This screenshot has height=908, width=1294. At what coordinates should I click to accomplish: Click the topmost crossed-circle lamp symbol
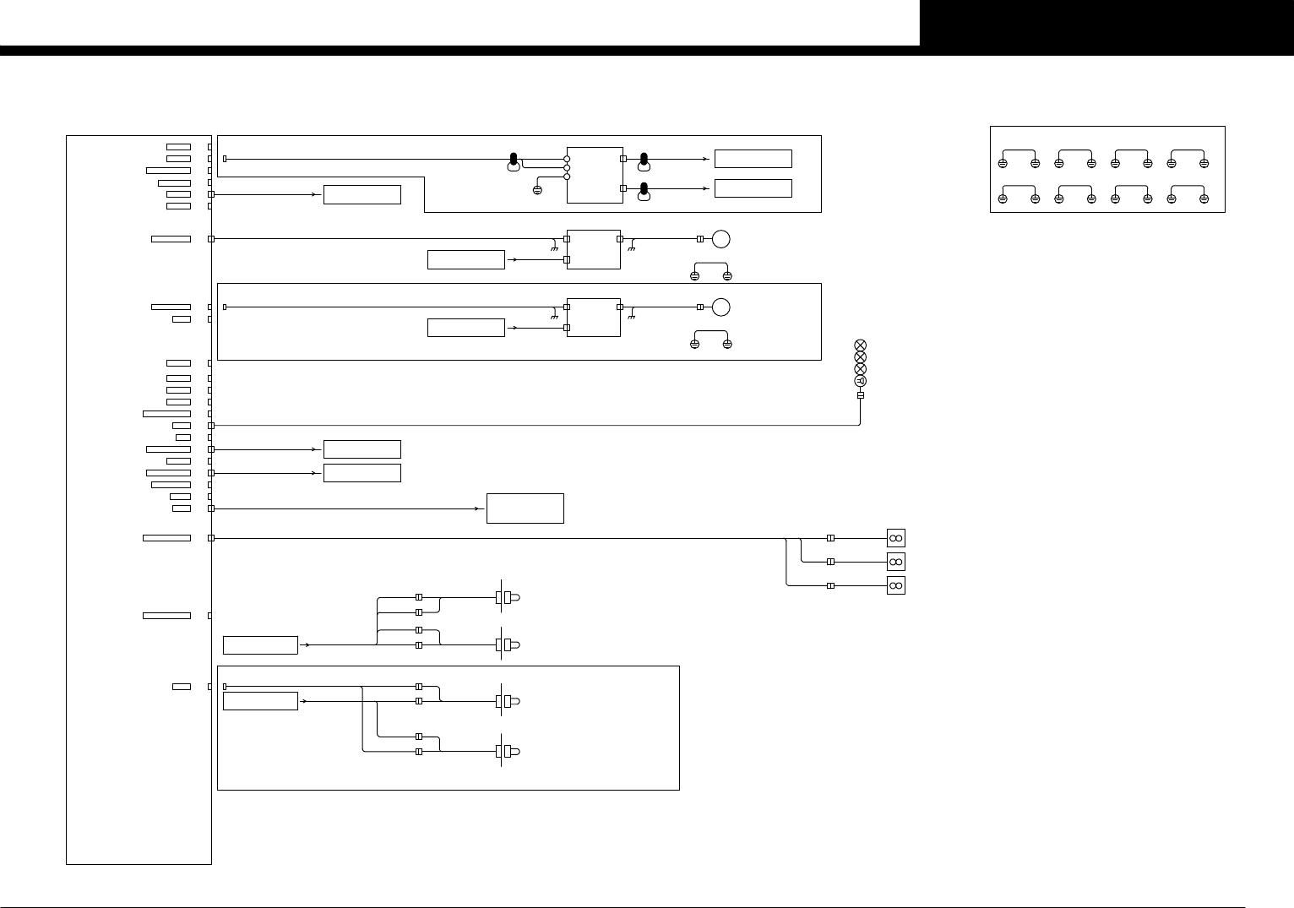[861, 345]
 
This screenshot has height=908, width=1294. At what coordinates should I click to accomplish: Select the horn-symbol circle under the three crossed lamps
[861, 381]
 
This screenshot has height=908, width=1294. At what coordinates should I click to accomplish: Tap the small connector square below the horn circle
[861, 395]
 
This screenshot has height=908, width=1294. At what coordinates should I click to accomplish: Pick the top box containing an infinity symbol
[896, 538]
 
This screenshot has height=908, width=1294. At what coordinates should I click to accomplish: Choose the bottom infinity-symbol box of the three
[896, 585]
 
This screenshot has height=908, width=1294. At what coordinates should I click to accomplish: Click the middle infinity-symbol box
[896, 562]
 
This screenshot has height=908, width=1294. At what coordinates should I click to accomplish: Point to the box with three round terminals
[595, 174]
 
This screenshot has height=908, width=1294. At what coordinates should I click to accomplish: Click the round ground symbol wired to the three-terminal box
[537, 190]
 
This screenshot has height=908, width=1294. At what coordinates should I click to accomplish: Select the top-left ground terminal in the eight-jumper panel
[1003, 163]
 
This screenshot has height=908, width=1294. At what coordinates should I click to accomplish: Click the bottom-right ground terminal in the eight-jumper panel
[1204, 198]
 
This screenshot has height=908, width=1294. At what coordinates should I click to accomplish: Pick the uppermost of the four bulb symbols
[508, 597]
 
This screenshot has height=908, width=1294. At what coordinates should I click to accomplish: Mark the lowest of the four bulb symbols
[508, 751]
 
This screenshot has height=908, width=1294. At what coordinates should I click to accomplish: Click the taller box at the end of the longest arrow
[525, 508]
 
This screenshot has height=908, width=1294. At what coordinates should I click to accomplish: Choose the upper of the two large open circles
[720, 239]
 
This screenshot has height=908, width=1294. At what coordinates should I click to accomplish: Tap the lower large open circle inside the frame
[720, 307]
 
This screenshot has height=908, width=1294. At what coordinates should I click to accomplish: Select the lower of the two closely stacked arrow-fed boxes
[362, 473]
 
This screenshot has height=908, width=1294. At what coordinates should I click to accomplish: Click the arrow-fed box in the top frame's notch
[362, 194]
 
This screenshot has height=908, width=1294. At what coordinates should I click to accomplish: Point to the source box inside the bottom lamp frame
[260, 701]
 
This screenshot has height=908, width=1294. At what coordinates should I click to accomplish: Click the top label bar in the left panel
[178, 147]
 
